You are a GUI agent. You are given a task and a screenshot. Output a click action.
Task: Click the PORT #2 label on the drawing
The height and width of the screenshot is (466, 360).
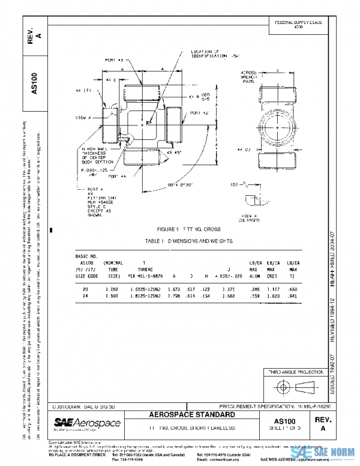[x=199, y=112]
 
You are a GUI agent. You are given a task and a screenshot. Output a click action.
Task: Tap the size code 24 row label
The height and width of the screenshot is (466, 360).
[x=85, y=295]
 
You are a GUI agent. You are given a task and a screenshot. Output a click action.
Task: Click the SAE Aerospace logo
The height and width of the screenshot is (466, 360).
[x=88, y=425]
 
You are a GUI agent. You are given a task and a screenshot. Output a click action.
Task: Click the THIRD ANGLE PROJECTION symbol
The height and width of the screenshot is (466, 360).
[x=294, y=385]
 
